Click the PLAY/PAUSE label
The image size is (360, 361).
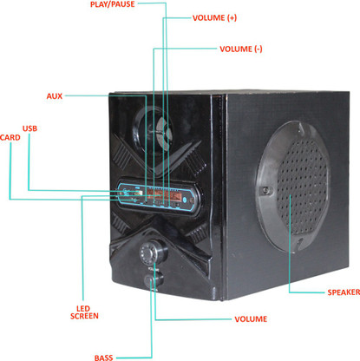click(113, 4)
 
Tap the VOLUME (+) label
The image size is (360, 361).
click(214, 18)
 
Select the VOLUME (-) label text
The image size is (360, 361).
click(241, 49)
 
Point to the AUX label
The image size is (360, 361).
click(55, 96)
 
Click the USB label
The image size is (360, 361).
click(29, 128)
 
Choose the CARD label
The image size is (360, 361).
click(10, 137)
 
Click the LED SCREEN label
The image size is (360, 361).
click(84, 312)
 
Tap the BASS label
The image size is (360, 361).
click(103, 358)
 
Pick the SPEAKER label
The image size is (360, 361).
click(344, 292)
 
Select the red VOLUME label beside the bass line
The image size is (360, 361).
click(251, 319)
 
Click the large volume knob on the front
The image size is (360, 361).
click(153, 252)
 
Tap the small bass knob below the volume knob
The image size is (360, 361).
click(154, 280)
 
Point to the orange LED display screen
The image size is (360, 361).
click(164, 196)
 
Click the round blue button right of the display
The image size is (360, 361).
click(185, 199)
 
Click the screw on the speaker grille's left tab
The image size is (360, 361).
click(265, 191)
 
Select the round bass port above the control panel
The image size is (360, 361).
click(153, 128)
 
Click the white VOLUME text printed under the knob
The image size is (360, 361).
click(154, 269)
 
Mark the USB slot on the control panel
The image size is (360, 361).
click(137, 193)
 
